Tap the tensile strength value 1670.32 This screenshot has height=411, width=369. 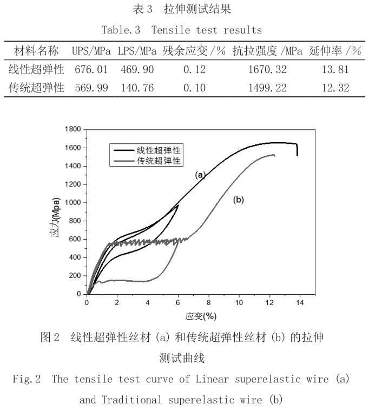pos(267,70)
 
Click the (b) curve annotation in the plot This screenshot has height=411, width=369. pos(239,200)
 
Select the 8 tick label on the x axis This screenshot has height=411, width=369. pos(208,302)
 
